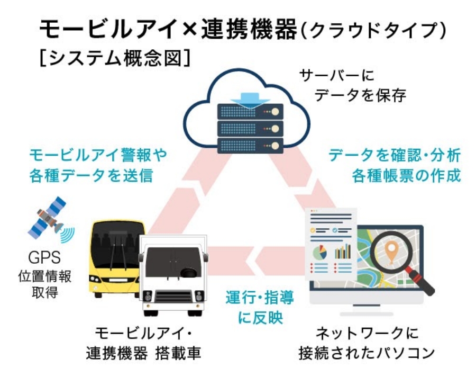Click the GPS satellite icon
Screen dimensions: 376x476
[49, 218]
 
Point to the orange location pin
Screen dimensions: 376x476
[391, 252]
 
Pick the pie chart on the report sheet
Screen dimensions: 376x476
[321, 252]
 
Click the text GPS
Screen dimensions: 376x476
[45, 259]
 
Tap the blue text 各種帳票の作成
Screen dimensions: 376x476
[406, 175]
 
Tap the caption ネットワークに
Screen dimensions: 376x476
[367, 334]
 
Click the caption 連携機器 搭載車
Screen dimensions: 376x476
[143, 353]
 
